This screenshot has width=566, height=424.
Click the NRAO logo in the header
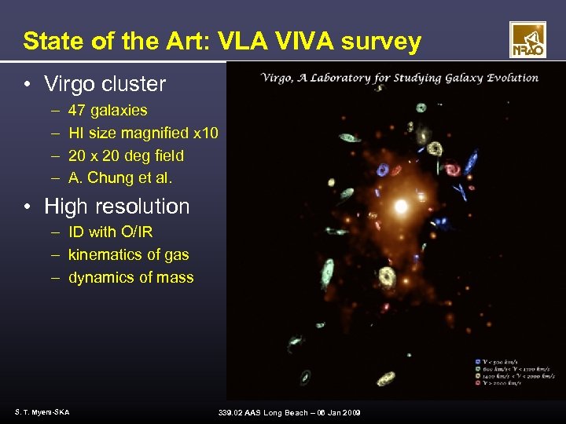527,40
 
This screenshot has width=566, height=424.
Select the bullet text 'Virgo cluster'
105,83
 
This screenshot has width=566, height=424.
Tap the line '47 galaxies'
107,111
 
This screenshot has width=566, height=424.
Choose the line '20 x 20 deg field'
126,155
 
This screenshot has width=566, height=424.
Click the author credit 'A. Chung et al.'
119,178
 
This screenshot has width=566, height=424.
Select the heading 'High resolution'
116,207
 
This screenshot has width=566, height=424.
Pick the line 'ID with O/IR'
110,232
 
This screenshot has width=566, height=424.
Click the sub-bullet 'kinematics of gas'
128,254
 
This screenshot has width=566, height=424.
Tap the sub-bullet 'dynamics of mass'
130,277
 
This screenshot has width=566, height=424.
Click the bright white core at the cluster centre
401,207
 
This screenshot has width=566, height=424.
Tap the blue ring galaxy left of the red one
384,170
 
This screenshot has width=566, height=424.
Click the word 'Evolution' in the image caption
512,78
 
